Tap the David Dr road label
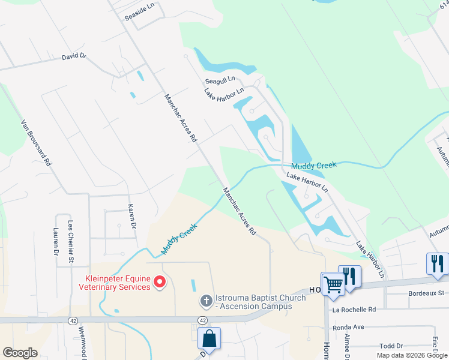[x=74, y=57]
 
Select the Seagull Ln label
[x=220, y=80]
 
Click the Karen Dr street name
[x=132, y=216]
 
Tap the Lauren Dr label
[x=55, y=241]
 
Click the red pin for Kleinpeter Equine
[x=160, y=281]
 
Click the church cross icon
[x=205, y=300]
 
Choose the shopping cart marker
[x=333, y=284]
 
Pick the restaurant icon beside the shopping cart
[x=350, y=276]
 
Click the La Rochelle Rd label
[x=354, y=310]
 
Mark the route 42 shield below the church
[x=203, y=320]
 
